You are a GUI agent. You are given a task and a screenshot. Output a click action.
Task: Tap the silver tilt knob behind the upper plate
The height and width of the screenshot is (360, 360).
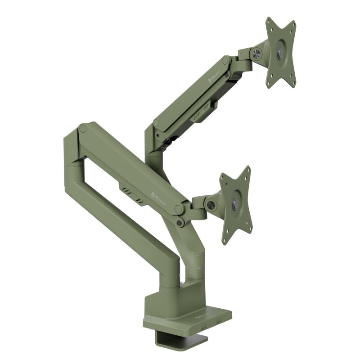[258, 53]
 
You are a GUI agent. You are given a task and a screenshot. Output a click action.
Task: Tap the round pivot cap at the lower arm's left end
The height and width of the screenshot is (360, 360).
[82, 129]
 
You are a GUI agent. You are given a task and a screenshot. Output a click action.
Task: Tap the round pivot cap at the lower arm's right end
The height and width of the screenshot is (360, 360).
[179, 210]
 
